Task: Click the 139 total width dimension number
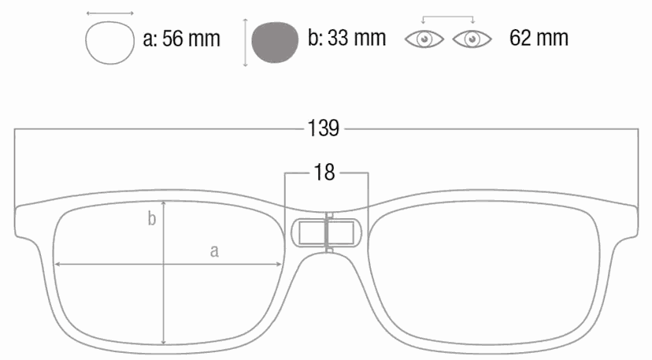point(323,128)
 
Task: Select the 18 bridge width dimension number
point(324,172)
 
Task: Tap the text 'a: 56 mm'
point(181,39)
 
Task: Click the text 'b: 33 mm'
point(346,38)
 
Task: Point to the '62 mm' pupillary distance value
point(539,38)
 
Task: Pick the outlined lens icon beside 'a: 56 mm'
point(109,43)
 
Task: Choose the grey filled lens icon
point(275,43)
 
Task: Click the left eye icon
point(424,39)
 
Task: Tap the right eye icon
point(472,39)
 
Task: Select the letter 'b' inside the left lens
point(152,218)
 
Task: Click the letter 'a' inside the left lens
point(214,251)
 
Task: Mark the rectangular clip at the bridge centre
point(327,232)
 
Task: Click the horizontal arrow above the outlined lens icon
point(109,13)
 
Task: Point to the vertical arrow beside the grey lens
point(246,43)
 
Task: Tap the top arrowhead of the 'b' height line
point(164,203)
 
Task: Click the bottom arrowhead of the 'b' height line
point(164,343)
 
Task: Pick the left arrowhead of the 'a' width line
point(57,264)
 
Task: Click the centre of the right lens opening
point(484,275)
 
